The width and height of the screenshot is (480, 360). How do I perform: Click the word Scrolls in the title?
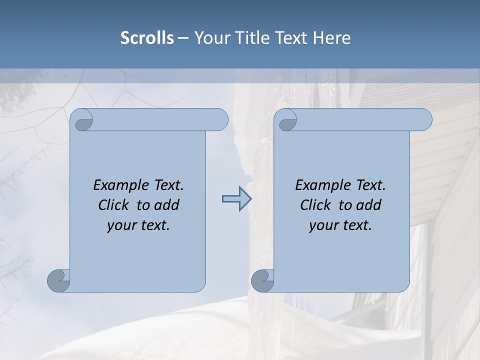pyautogui.click(x=147, y=38)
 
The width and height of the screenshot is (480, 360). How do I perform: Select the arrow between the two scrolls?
pyautogui.click(x=236, y=199)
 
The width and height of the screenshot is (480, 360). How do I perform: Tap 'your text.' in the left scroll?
pyautogui.click(x=138, y=225)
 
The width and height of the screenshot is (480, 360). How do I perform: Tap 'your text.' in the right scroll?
pyautogui.click(x=340, y=225)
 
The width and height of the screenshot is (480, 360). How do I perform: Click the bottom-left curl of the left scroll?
pyautogui.click(x=58, y=280)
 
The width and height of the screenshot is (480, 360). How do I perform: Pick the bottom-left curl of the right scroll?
pyautogui.click(x=262, y=280)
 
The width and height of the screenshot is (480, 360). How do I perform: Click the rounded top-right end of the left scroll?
pyautogui.click(x=220, y=120)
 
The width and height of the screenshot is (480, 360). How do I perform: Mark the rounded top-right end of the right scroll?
pyautogui.click(x=424, y=120)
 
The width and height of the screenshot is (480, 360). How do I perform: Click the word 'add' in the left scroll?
pyautogui.click(x=167, y=205)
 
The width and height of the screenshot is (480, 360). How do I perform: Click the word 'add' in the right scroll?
pyautogui.click(x=369, y=205)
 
